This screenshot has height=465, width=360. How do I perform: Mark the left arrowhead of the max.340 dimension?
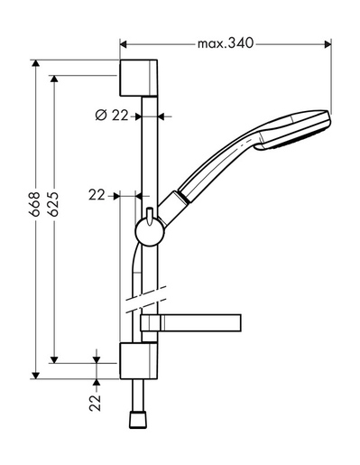coord(124,42)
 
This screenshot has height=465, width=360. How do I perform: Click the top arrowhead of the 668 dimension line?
coord(37,66)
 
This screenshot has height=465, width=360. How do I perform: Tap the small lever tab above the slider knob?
coord(146,214)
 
